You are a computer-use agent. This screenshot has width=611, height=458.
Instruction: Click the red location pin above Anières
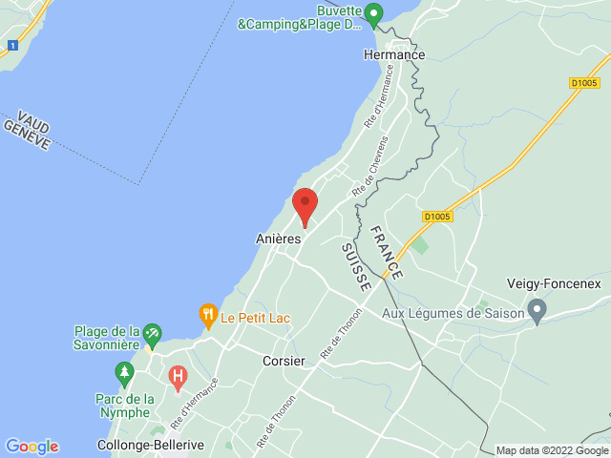click(305, 205)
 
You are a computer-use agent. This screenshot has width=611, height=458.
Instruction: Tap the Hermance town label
click(394, 55)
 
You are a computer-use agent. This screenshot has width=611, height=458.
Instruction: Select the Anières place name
click(279, 239)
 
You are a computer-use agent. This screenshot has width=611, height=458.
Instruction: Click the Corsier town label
click(284, 362)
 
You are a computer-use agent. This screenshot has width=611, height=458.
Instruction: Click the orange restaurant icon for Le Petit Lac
click(207, 314)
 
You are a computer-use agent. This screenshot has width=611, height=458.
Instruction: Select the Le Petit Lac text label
click(255, 317)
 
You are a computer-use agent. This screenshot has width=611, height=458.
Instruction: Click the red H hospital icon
click(178, 377)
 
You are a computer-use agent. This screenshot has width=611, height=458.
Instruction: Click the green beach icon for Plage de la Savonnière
click(151, 336)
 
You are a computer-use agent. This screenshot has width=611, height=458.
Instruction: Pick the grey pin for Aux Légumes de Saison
click(537, 311)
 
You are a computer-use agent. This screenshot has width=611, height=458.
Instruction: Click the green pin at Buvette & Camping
click(375, 14)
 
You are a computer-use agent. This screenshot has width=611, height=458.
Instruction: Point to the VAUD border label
click(32, 120)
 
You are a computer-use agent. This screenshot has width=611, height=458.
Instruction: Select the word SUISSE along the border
click(355, 266)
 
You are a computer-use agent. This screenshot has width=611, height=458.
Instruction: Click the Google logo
click(32, 447)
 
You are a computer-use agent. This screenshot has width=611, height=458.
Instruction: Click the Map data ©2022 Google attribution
click(551, 450)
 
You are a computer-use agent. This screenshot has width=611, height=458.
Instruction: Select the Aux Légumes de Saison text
click(453, 313)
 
